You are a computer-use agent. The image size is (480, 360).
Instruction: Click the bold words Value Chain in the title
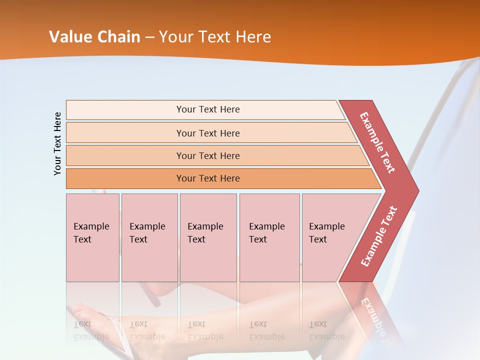pyautogui.click(x=94, y=37)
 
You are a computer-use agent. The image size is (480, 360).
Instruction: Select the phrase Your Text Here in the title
pyautogui.click(x=215, y=37)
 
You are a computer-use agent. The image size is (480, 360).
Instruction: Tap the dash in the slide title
pyautogui.click(x=149, y=37)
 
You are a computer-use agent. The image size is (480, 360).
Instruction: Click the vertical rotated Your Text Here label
pyautogui.click(x=57, y=144)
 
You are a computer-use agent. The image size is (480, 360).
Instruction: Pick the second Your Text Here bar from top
pyautogui.click(x=208, y=133)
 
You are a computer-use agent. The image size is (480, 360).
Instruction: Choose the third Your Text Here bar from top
pyautogui.click(x=208, y=155)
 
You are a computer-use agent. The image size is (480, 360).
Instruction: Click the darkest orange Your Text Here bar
pyautogui.click(x=208, y=178)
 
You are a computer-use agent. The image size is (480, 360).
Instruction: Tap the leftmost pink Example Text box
pyautogui.click(x=92, y=237)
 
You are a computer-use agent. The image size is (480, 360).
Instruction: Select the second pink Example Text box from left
pyautogui.click(x=149, y=237)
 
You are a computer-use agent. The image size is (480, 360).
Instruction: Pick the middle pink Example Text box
pyautogui.click(x=208, y=237)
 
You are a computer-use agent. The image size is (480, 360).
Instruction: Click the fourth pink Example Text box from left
pyautogui.click(x=269, y=237)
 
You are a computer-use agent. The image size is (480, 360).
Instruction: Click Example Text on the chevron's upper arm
pyautogui.click(x=377, y=142)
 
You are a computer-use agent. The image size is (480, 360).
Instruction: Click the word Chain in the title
pyautogui.click(x=119, y=37)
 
